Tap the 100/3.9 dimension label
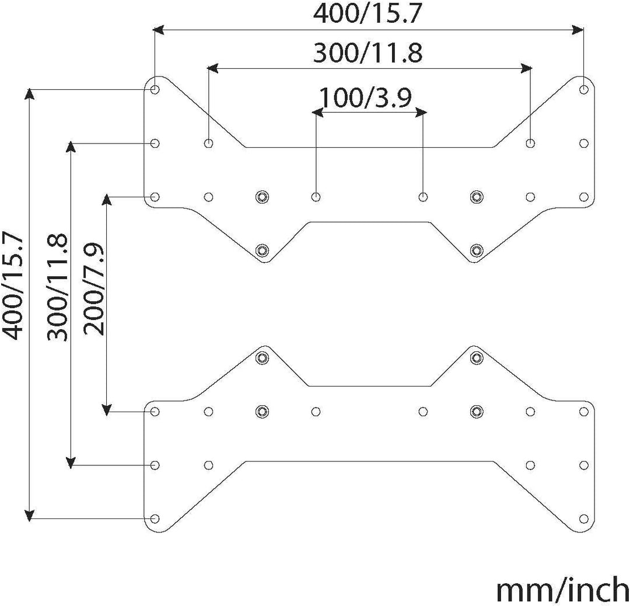365,97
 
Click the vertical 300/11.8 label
57,287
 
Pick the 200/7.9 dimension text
94,289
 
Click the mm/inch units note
562,590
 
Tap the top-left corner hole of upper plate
155,89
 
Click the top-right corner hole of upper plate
584,89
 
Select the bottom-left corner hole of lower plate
155,519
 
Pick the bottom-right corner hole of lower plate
584,519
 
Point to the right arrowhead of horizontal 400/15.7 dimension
578,29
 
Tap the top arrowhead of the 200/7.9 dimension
107,199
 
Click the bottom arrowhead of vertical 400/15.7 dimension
29,516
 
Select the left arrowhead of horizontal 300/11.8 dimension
212,68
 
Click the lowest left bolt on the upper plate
262,250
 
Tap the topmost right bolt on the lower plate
477,357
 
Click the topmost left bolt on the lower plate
262,357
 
